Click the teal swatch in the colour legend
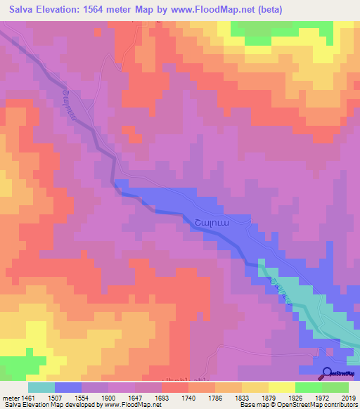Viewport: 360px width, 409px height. pos(41,387)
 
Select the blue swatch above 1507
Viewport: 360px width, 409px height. pos(68,387)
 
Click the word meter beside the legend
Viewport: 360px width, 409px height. pos(11,397)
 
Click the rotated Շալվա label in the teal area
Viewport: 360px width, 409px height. pos(280,289)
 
